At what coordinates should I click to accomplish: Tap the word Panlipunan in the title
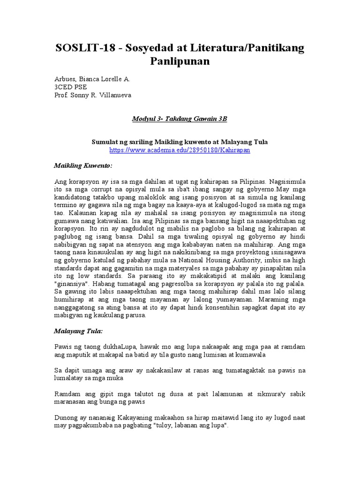point(180,61)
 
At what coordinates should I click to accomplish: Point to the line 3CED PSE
point(70,88)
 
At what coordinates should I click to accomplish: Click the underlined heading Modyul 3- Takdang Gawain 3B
point(180,119)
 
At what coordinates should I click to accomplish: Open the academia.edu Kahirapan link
point(180,150)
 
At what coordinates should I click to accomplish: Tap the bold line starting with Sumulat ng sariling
point(180,142)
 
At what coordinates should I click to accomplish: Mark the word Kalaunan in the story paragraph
point(69,213)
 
